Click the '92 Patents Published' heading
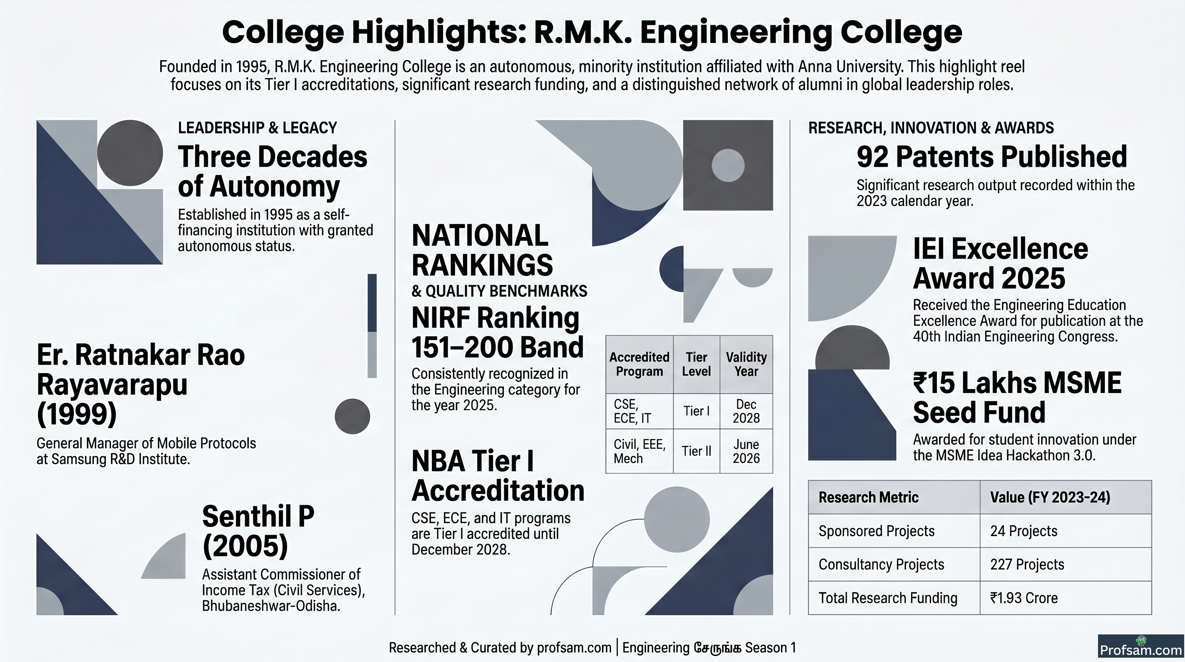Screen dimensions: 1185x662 click(x=992, y=156)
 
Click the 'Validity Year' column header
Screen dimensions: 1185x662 click(x=746, y=364)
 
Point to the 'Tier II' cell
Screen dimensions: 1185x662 click(x=696, y=451)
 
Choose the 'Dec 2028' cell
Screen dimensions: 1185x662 click(x=746, y=411)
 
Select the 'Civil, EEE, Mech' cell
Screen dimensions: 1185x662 click(x=639, y=451)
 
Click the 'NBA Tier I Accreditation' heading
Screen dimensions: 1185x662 click(x=498, y=475)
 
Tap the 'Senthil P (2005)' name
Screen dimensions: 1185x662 click(x=258, y=531)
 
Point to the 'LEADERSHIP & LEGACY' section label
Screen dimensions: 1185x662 click(x=257, y=128)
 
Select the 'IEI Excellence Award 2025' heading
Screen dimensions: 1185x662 click(x=1001, y=263)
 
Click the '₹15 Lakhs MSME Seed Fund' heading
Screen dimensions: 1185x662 click(x=1017, y=397)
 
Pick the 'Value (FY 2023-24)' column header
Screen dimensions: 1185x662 click(x=1050, y=497)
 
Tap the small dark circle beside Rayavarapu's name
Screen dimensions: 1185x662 click(x=352, y=416)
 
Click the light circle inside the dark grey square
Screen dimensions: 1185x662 click(x=728, y=165)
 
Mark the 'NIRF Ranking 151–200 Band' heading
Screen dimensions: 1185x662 click(x=497, y=332)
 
